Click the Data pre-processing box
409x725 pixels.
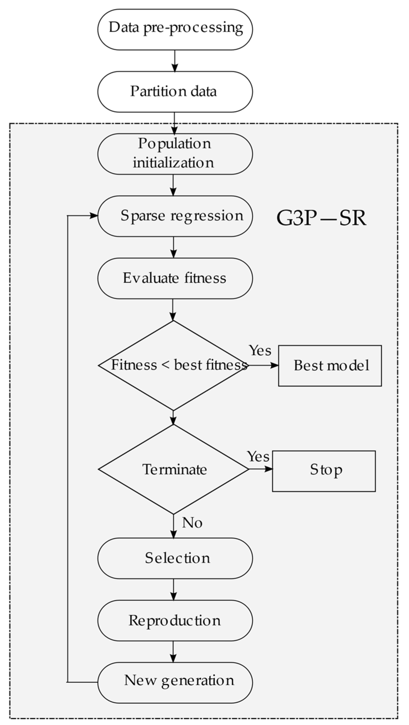click(x=175, y=30)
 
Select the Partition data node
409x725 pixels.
click(x=175, y=92)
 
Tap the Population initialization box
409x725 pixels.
click(x=175, y=154)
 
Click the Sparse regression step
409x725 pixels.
click(x=175, y=216)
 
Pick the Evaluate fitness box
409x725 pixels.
click(x=175, y=278)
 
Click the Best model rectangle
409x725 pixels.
click(x=330, y=366)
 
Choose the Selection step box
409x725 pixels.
click(x=175, y=558)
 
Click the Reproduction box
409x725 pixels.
click(x=175, y=620)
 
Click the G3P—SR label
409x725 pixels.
click(x=322, y=218)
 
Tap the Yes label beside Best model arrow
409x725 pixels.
click(x=260, y=351)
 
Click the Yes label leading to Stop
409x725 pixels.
click(x=258, y=456)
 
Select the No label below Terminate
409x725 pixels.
click(x=192, y=523)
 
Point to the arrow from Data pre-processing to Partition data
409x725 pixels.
click(x=175, y=61)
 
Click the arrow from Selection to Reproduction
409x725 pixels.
click(x=174, y=589)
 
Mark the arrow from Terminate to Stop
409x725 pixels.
click(x=260, y=469)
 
